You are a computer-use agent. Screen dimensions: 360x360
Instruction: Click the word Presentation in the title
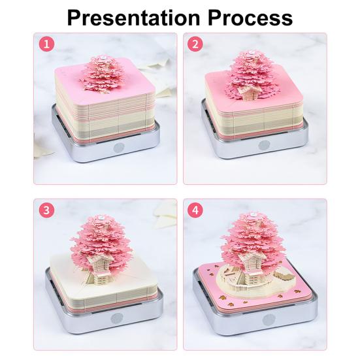tap(133, 18)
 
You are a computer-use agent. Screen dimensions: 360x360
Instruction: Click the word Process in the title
tap(250, 18)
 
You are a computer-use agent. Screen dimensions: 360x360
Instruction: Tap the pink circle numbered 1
tap(47, 44)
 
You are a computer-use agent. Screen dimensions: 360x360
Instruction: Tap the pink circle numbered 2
tap(195, 44)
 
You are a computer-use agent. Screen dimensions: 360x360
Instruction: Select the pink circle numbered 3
tap(47, 210)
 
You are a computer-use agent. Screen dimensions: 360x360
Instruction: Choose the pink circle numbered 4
tap(195, 210)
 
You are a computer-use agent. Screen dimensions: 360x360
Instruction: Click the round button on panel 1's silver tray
tap(119, 148)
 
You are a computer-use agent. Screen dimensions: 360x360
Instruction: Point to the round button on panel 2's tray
tap(264, 145)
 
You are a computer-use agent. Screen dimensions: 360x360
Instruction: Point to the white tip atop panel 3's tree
tap(101, 216)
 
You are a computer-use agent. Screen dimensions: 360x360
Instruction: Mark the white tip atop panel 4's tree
tap(252, 215)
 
